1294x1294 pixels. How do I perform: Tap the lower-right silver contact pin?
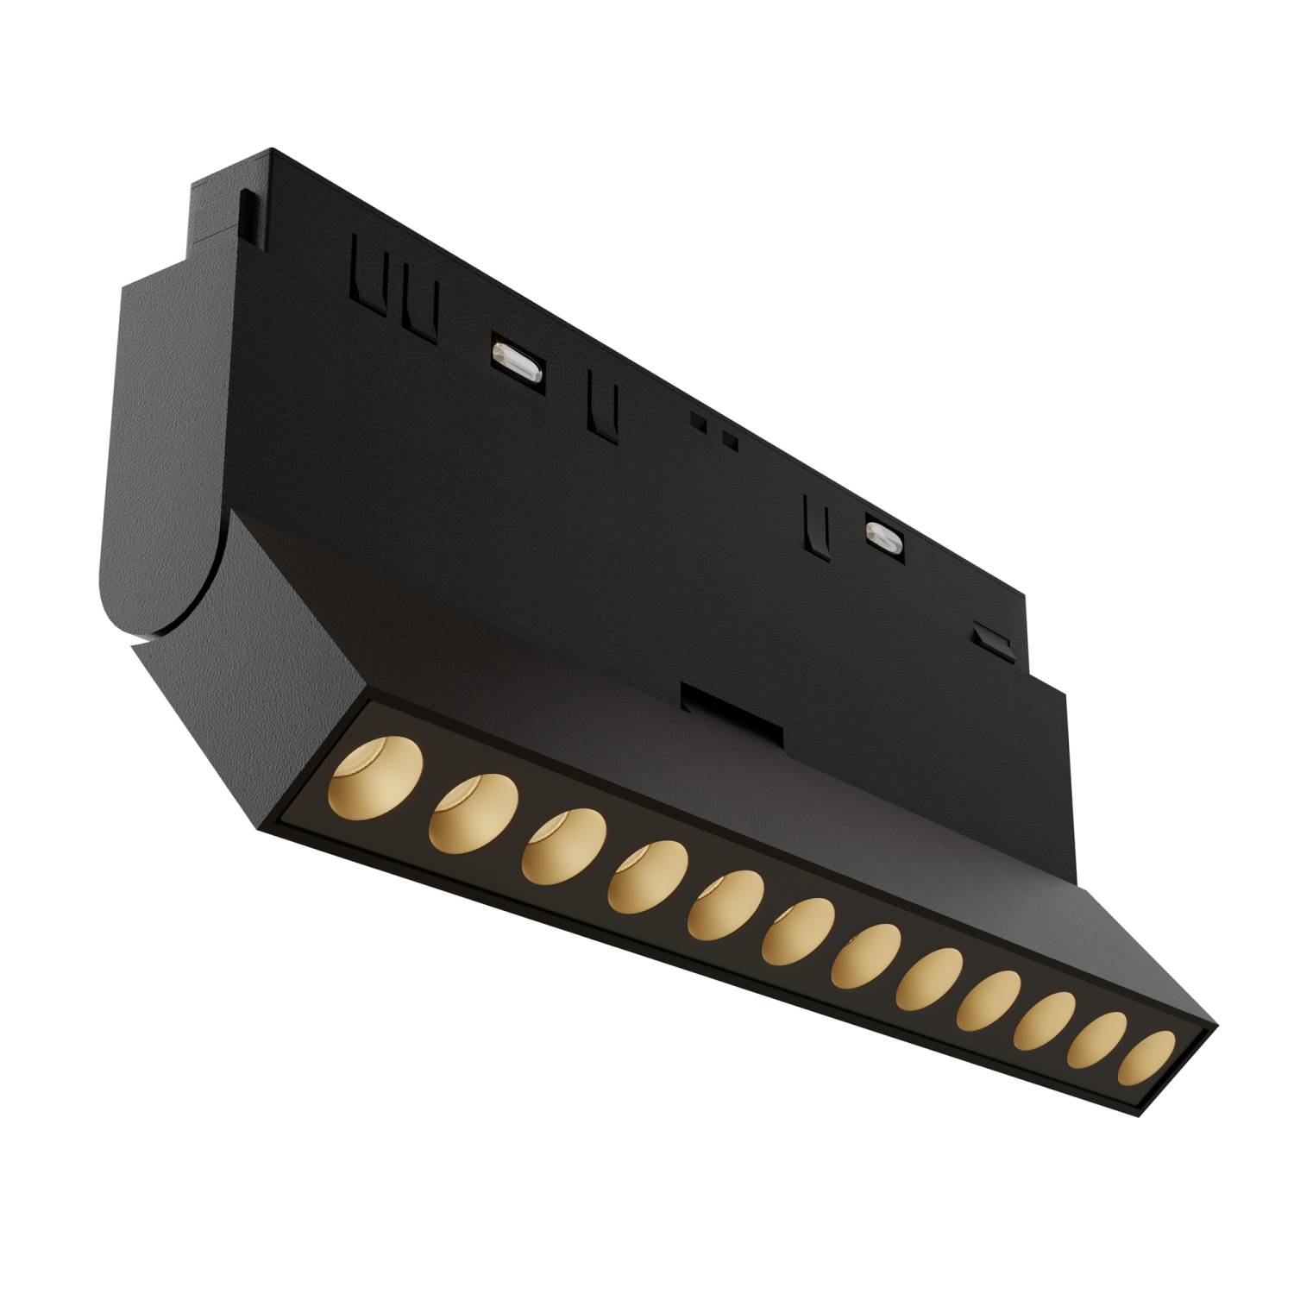tap(883, 537)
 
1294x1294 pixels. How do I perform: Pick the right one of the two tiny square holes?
tap(731, 441)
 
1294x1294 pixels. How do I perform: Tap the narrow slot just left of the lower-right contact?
tap(814, 524)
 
